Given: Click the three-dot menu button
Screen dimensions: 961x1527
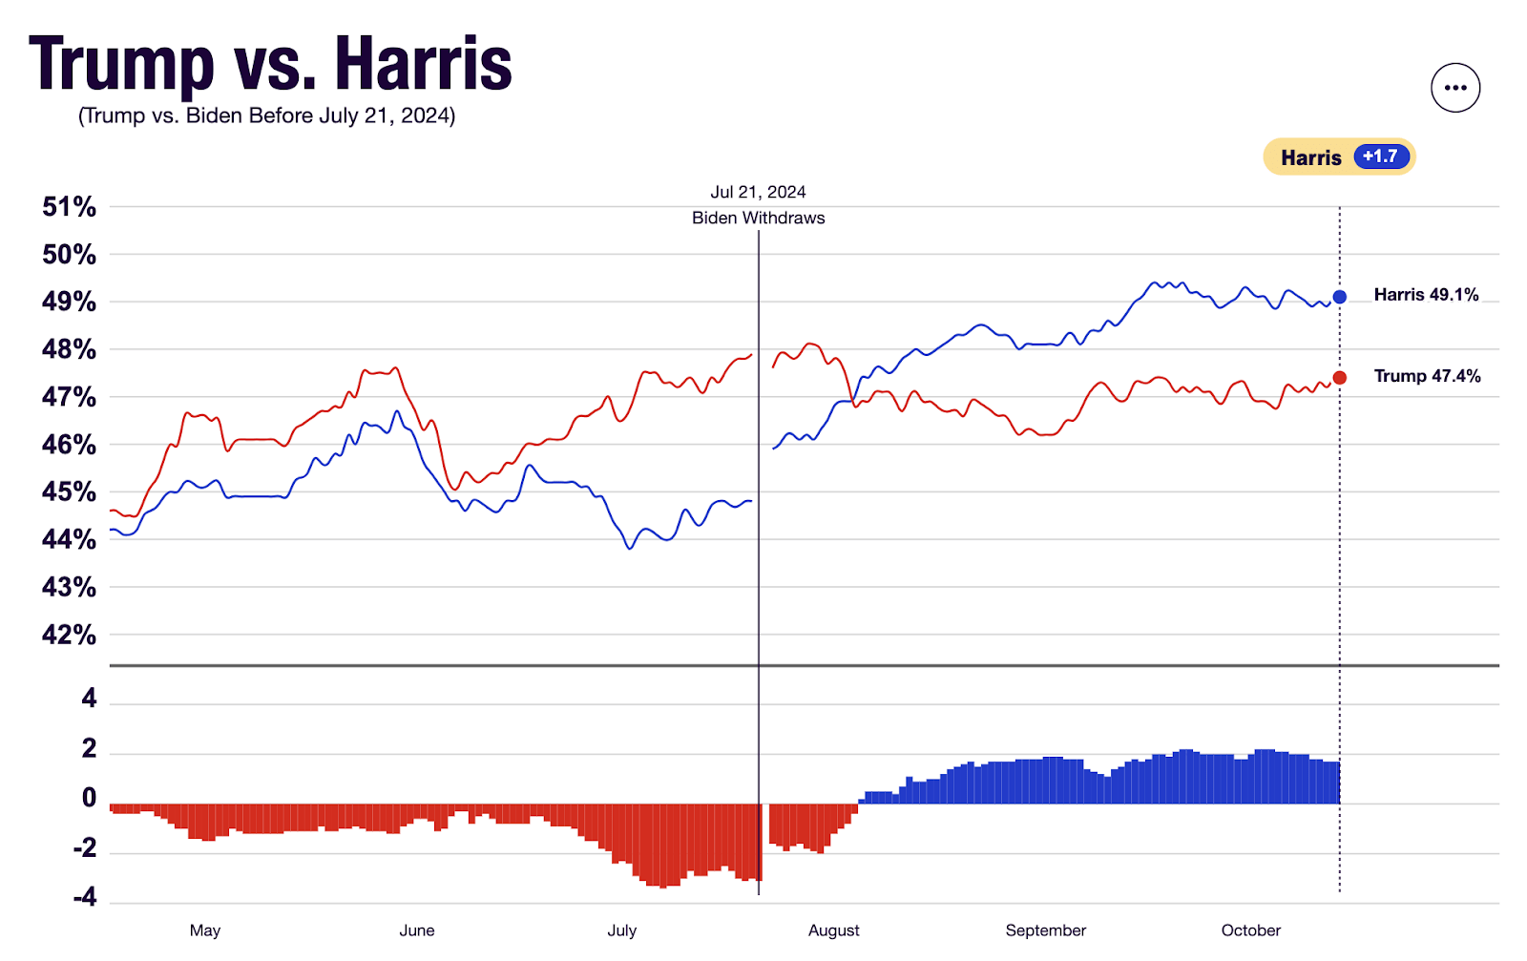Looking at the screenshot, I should click(1454, 88).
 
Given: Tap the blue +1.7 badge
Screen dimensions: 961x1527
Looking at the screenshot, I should click(1381, 157).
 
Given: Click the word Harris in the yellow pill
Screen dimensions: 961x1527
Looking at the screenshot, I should click(1310, 157).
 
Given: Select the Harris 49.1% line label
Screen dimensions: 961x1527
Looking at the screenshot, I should click(1426, 295).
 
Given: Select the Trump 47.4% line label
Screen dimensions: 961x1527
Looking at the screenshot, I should click(1427, 376).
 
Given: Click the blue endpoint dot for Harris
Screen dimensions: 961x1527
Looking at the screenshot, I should click(1340, 297).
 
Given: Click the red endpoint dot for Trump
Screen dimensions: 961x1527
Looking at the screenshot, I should click(1340, 378).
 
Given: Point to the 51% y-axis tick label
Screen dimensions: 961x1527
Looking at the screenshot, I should click(69, 207).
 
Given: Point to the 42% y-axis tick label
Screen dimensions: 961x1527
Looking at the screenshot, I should click(69, 635).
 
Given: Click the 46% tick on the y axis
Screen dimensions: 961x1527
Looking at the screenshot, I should click(69, 445).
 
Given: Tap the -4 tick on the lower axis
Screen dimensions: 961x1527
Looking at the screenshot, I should click(84, 897).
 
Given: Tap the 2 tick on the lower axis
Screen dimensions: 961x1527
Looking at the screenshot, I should click(89, 748).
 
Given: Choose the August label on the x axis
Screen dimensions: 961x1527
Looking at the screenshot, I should click(833, 930).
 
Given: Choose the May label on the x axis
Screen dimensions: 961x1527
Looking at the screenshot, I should click(205, 930).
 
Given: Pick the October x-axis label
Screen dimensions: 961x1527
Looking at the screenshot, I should click(1250, 930).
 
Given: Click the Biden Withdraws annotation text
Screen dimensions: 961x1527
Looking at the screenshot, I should click(758, 218).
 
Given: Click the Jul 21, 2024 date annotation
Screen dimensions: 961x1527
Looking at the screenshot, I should click(758, 192).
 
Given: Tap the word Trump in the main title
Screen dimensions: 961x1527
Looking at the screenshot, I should click(121, 65).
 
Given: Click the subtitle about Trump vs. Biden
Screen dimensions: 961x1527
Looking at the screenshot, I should click(266, 115).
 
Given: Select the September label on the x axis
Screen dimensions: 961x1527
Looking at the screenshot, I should click(1045, 930).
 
